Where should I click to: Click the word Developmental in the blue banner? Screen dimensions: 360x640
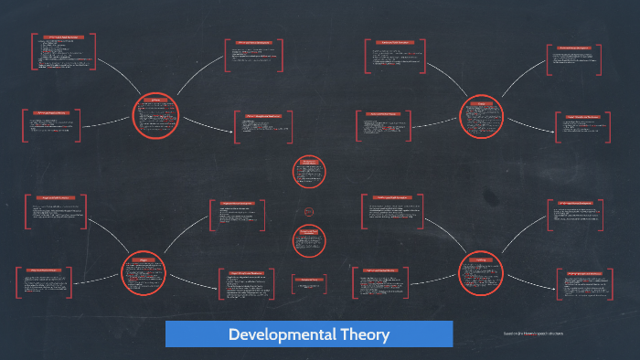[272, 334]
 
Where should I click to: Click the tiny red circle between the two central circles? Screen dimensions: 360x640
[309, 212]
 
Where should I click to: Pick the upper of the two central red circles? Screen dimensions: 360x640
[309, 171]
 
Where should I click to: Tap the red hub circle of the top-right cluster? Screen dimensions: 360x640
[481, 116]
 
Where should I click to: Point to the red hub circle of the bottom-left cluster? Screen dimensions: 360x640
[144, 271]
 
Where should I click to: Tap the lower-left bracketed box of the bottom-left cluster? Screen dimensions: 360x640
[47, 281]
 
